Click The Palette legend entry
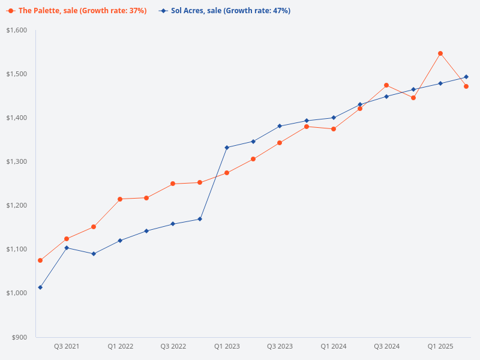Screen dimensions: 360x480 [x=78, y=11]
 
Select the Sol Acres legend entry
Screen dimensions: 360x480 [x=225, y=11]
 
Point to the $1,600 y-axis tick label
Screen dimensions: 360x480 [x=17, y=30]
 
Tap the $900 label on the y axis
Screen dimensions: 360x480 [x=20, y=337]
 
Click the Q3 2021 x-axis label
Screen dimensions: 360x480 [x=67, y=347]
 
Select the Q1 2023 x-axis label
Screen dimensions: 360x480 [x=227, y=347]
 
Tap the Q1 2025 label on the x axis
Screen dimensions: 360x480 [x=440, y=347]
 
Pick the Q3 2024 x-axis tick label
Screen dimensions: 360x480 [x=386, y=347]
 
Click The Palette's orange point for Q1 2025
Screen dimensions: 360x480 [x=440, y=53]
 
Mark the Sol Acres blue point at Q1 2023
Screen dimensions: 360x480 [x=227, y=148]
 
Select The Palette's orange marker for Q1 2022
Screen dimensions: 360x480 [x=120, y=199]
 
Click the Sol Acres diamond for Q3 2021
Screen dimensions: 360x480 [x=67, y=248]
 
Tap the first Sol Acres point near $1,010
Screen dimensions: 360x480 [x=40, y=287]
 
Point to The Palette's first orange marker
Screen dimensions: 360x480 [x=40, y=260]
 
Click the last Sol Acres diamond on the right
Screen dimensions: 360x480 [x=466, y=77]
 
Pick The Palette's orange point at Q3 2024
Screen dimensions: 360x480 [x=386, y=85]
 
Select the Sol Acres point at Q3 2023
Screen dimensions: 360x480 [x=280, y=126]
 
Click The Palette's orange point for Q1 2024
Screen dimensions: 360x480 [x=333, y=129]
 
